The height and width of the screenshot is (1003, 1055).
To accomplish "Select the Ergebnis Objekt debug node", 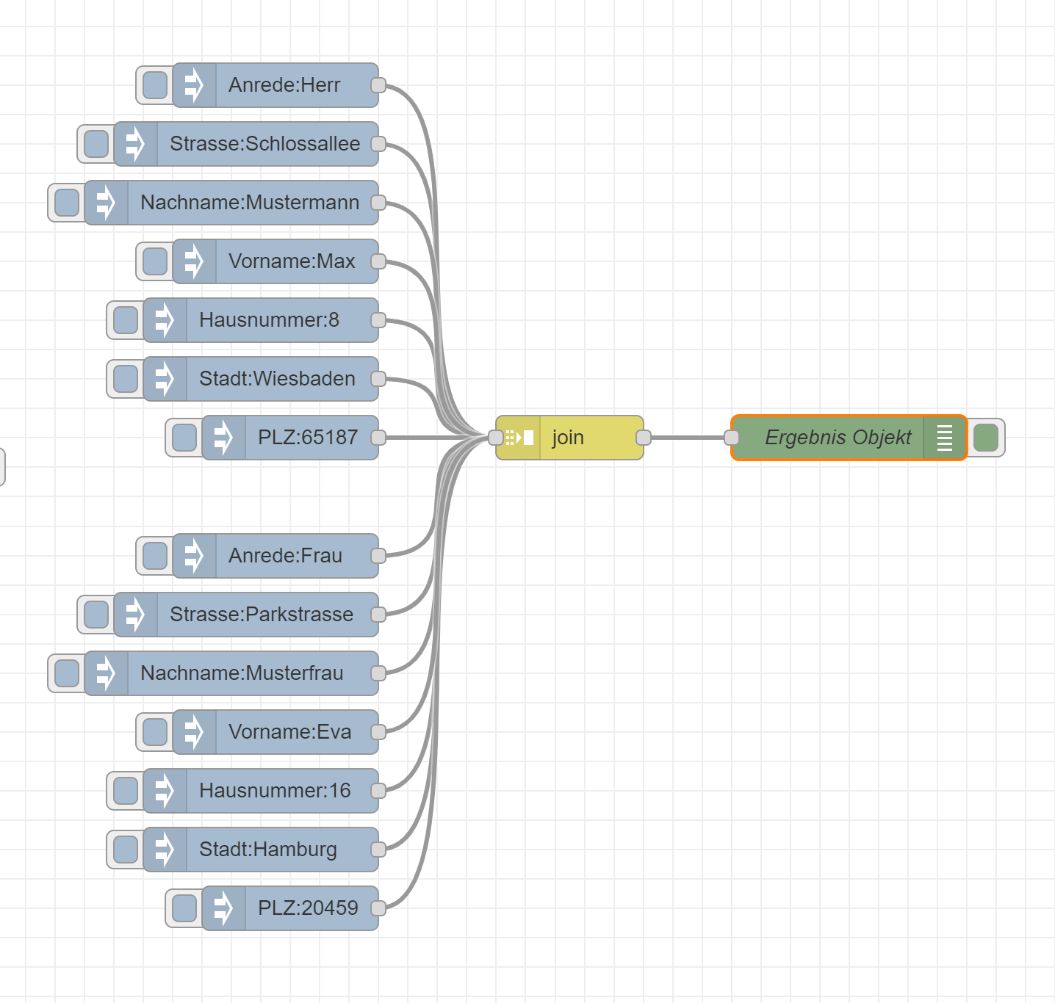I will (838, 438).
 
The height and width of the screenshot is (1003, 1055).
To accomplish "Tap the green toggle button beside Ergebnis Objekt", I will (986, 438).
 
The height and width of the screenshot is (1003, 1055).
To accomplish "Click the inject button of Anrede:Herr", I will (154, 85).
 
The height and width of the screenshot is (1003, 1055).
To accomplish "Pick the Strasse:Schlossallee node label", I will (264, 144).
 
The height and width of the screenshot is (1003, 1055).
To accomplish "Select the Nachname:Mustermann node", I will (250, 203).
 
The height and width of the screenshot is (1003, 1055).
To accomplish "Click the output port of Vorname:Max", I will (378, 261).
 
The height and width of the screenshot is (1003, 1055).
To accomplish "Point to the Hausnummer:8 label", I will (269, 320).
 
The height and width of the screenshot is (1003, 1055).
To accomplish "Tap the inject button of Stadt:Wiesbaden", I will (125, 379).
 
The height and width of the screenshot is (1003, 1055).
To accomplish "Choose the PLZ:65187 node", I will (307, 438).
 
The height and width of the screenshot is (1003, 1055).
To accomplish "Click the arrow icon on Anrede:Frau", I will (194, 556).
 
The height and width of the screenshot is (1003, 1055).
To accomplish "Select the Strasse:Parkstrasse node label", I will (262, 615).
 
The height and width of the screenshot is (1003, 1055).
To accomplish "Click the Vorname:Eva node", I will (289, 732).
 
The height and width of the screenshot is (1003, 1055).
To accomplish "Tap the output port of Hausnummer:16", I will (378, 791).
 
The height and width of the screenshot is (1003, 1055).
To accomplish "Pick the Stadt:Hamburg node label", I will (267, 850).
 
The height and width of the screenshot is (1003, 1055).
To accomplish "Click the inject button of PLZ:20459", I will (184, 908).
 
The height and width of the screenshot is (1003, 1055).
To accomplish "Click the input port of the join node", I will (496, 438).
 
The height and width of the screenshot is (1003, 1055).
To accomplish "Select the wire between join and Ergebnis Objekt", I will (687, 438).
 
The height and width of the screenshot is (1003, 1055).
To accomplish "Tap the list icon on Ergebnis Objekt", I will (945, 438).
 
